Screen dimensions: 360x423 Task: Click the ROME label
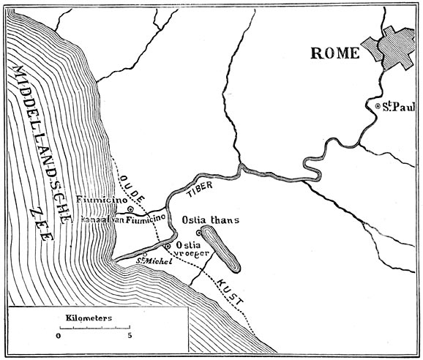(x=335, y=53)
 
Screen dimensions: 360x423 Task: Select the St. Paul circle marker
(x=378, y=107)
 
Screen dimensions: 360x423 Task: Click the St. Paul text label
(x=395, y=107)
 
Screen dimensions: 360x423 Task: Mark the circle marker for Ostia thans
(x=198, y=233)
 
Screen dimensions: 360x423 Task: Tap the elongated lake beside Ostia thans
(x=220, y=248)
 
